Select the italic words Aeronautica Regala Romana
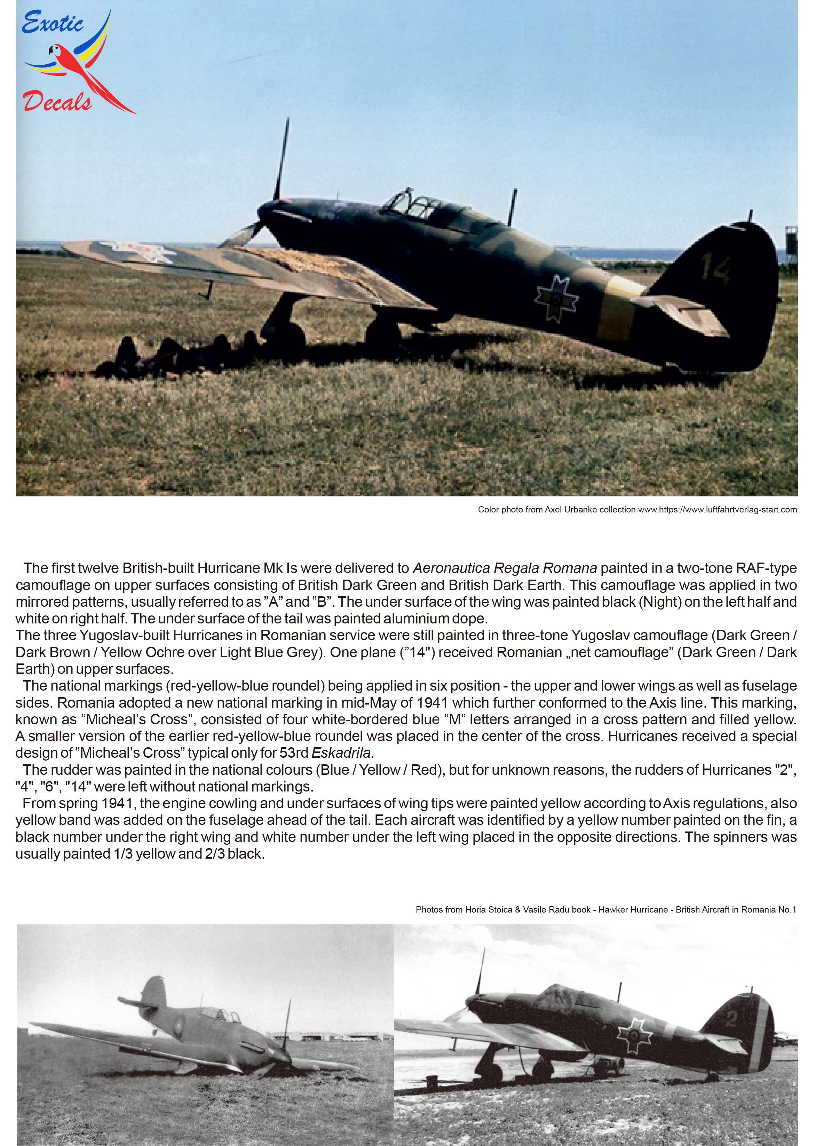pos(505,568)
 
